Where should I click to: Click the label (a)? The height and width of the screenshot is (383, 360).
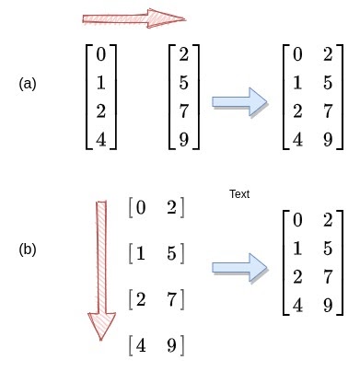click(28, 84)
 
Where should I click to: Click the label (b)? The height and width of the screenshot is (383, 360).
click(28, 250)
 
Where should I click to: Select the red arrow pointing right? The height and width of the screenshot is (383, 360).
click(134, 17)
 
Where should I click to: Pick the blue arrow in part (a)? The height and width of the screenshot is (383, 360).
click(239, 102)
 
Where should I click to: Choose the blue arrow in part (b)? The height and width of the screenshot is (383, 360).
click(239, 267)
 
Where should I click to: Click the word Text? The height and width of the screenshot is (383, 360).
click(239, 194)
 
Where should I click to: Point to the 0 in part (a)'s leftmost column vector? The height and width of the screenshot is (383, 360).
click(100, 54)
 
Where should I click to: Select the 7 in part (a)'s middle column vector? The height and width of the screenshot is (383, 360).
click(184, 112)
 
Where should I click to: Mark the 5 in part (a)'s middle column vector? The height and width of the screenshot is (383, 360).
click(184, 84)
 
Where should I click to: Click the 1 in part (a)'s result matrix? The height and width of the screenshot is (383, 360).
click(296, 84)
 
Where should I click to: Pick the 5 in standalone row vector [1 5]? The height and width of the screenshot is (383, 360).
click(172, 252)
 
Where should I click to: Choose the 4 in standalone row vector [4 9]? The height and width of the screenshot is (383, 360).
click(140, 347)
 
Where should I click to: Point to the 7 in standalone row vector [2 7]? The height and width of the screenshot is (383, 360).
click(172, 299)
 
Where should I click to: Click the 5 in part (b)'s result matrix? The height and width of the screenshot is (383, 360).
click(328, 249)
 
